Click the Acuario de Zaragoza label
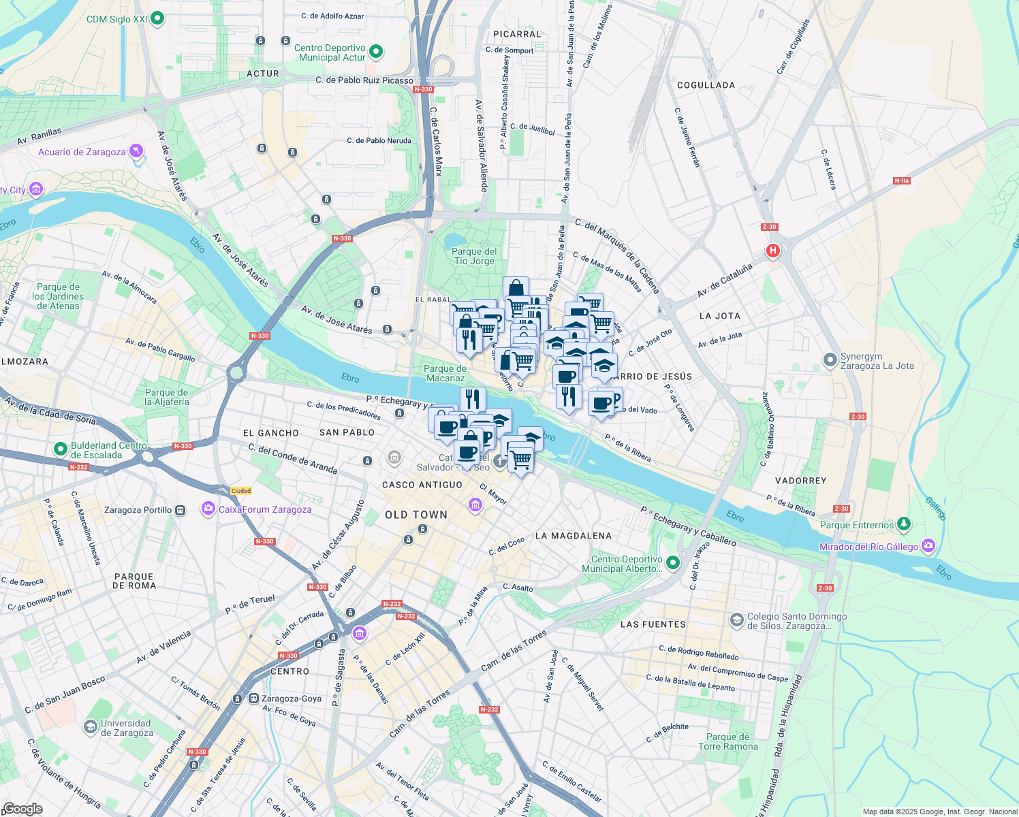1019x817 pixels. [x=82, y=152]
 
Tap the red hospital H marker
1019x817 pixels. [x=772, y=251]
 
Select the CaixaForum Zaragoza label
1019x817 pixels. [x=265, y=509]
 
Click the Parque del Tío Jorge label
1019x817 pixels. [x=474, y=256]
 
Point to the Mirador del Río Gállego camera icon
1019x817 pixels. [x=928, y=546]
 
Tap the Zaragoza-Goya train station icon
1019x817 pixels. [x=253, y=699]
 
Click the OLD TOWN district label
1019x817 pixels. [x=416, y=515]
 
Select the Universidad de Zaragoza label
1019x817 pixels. [x=127, y=728]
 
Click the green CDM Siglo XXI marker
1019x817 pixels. [x=157, y=18]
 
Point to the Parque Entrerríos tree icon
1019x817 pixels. [x=904, y=524]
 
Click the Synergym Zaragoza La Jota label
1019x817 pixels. [x=877, y=361]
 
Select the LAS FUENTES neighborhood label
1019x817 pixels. [x=653, y=624]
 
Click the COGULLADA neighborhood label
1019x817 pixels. [x=706, y=85]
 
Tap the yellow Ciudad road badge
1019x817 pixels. [x=241, y=491]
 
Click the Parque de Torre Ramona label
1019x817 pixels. [x=727, y=741]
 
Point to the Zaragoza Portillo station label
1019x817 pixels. [x=138, y=510]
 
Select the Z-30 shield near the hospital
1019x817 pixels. [x=769, y=227]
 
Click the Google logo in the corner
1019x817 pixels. [x=22, y=808]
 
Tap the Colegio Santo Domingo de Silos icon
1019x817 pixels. [x=736, y=620]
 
